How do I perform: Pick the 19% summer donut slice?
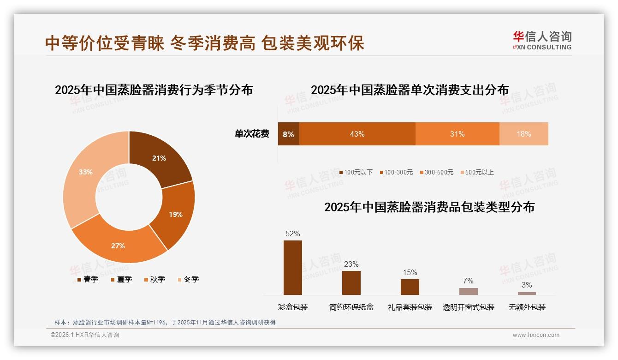click(x=175, y=214)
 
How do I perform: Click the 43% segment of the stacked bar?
click(x=357, y=134)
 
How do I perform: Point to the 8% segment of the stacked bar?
click(x=288, y=134)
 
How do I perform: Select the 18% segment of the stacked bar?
click(x=523, y=134)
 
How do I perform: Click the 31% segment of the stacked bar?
click(x=457, y=134)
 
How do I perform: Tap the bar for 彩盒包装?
click(x=293, y=268)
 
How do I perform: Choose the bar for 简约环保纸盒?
click(x=351, y=282)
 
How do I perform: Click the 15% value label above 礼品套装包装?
click(x=410, y=272)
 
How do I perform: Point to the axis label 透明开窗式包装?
click(x=468, y=307)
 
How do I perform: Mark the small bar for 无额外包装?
click(x=527, y=293)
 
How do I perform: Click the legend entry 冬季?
click(x=188, y=279)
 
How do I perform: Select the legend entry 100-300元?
click(x=396, y=172)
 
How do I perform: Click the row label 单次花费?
click(x=252, y=134)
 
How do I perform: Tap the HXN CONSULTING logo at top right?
click(x=542, y=41)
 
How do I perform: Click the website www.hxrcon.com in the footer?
click(x=536, y=335)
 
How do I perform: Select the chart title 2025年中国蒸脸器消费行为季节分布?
click(x=154, y=90)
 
